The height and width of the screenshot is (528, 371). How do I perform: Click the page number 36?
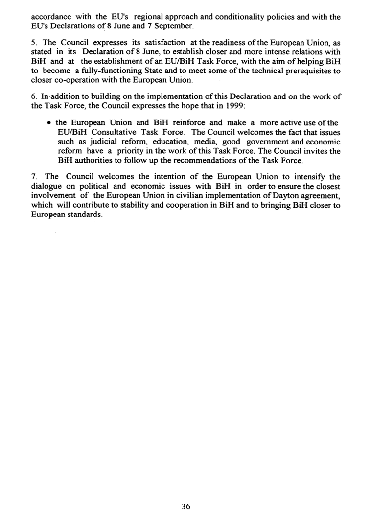(x=185, y=506)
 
